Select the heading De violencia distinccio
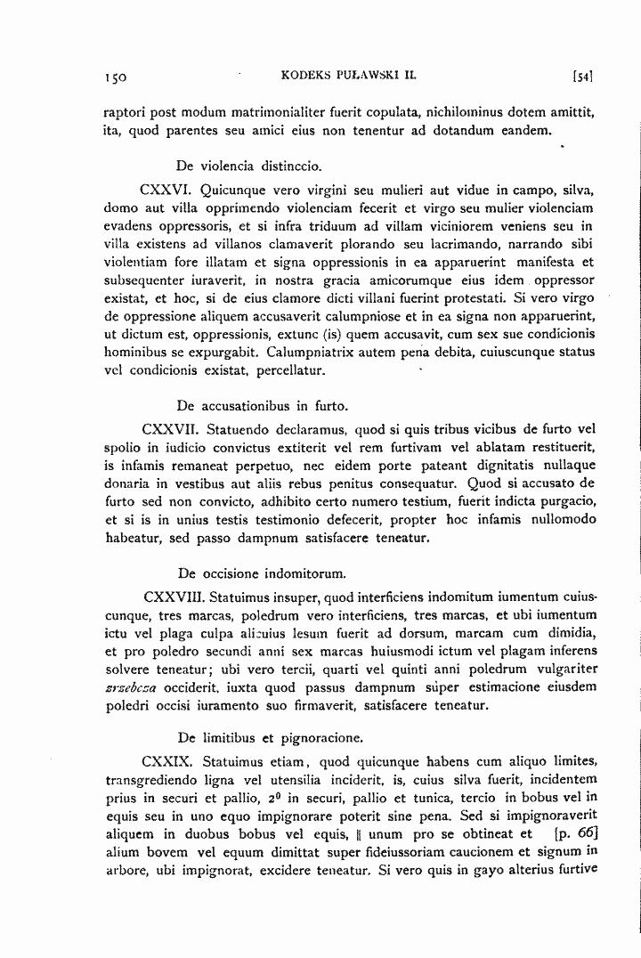249,166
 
